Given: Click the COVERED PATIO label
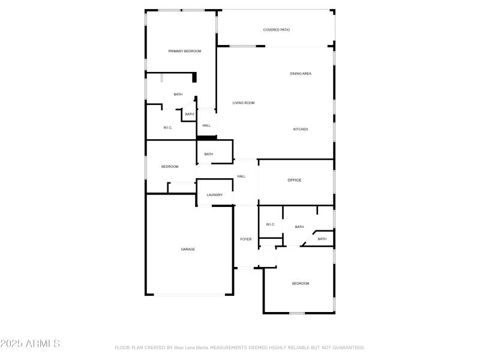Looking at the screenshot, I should [277, 29].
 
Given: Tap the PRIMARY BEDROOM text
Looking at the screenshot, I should [185, 51].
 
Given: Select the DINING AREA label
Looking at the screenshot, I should [301, 73].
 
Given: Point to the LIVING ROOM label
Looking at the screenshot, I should [244, 103].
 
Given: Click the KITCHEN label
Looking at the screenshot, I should [301, 129].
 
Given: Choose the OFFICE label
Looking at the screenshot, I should [294, 180].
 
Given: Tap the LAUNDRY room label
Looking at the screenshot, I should [215, 194].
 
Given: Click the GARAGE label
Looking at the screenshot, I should [188, 249].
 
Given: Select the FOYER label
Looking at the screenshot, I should [246, 239].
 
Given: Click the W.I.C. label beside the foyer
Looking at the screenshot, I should [270, 224].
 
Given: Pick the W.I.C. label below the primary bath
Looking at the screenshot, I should [168, 127].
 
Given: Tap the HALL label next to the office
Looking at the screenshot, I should [241, 176].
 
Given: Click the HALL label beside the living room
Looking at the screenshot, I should [206, 125].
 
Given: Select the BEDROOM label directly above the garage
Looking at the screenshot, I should [170, 166].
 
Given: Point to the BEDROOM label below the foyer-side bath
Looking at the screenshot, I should [301, 283].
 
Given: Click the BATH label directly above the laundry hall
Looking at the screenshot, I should [208, 154].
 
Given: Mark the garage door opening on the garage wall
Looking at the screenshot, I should [189, 295].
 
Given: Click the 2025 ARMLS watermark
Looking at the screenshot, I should [30, 344].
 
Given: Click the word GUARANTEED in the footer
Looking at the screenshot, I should [348, 347].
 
